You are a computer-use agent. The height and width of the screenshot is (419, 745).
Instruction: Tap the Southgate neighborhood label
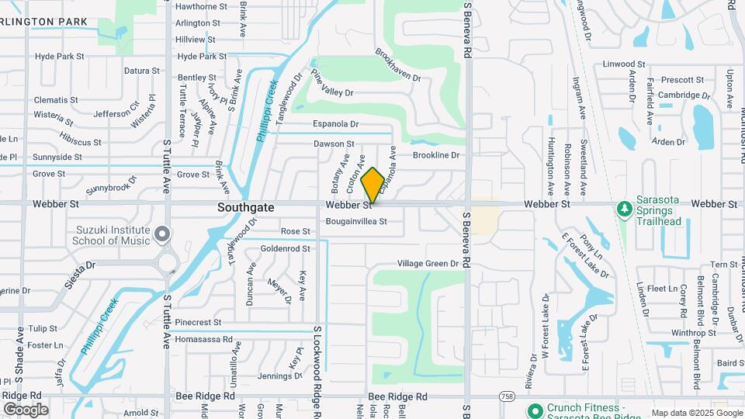click(x=245, y=208)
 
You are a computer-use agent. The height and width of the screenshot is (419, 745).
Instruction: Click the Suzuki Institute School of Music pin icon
click(x=161, y=234)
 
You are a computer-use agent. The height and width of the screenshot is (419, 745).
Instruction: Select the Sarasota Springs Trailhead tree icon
click(x=623, y=209)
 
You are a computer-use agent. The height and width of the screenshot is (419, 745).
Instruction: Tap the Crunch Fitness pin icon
click(x=534, y=410)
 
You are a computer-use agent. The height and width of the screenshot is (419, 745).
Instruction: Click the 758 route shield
click(x=506, y=396)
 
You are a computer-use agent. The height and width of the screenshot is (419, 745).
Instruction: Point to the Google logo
click(x=26, y=410)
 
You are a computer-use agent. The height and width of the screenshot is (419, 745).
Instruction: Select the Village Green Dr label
click(x=428, y=264)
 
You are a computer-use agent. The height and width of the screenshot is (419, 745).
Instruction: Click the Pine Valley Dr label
click(x=331, y=84)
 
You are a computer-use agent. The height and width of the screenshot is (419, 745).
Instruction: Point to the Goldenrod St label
click(x=285, y=249)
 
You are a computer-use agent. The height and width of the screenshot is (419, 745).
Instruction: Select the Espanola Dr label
click(x=335, y=124)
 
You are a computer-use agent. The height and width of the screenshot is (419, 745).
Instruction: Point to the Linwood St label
click(x=624, y=64)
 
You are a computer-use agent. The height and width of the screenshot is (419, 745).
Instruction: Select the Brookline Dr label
click(x=436, y=155)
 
